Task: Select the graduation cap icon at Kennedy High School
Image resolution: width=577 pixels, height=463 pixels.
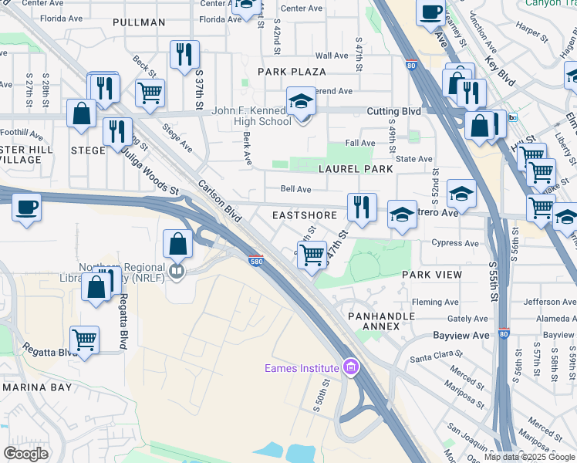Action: point(301,101)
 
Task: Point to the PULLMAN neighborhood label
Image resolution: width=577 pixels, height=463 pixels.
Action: point(139,22)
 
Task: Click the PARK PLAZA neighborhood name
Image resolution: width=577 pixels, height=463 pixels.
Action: point(292,71)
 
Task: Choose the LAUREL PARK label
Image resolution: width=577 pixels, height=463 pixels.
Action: point(356,168)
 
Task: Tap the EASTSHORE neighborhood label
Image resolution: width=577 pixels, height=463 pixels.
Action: point(305,215)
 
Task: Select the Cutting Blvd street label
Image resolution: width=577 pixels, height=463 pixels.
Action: point(393,111)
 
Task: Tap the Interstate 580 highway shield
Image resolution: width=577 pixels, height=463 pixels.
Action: point(257,262)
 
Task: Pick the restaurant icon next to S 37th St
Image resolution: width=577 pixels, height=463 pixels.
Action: point(184,54)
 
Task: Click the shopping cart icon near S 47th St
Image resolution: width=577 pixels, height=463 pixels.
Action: point(312,253)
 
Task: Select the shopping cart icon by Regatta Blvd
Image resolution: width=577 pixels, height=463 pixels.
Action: point(84,339)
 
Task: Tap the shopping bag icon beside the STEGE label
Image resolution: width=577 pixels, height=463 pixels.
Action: point(81,113)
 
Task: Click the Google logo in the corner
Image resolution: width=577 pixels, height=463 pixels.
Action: point(26,454)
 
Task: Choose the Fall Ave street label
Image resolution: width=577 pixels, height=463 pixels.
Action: point(360,143)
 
